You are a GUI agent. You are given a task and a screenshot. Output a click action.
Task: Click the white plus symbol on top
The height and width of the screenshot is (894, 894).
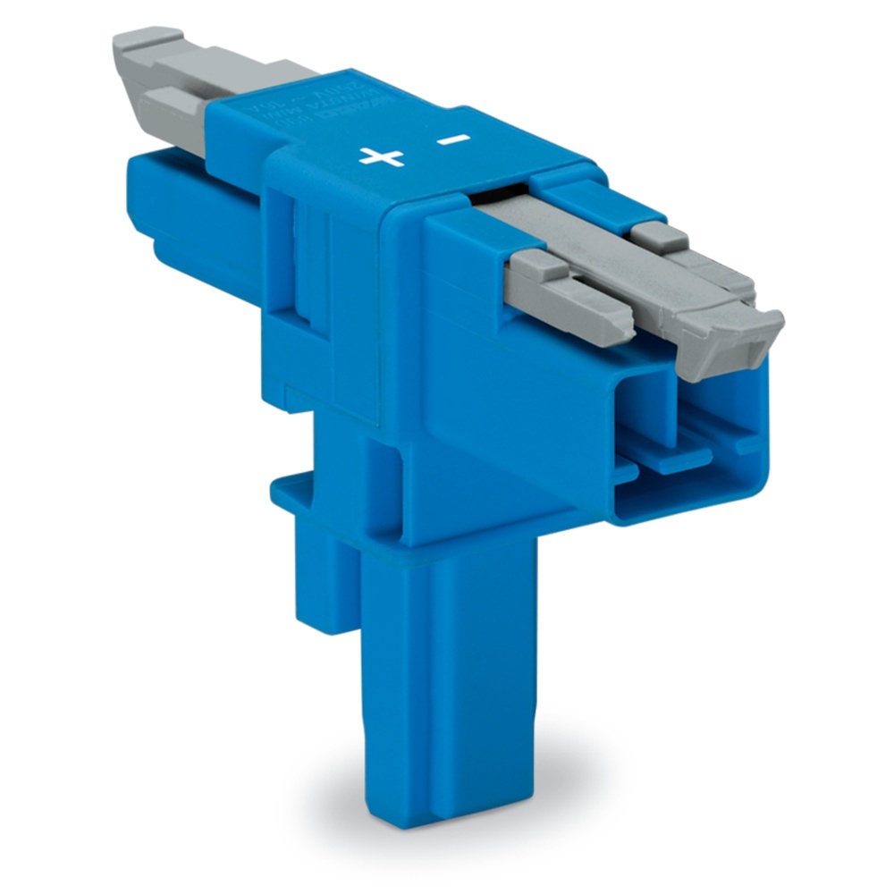382,157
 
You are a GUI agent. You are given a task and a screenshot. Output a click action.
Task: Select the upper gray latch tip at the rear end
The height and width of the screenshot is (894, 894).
148,40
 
